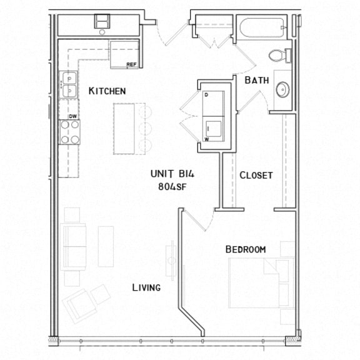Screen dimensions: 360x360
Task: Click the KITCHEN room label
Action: [x=107, y=91]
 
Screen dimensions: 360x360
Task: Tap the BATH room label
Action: [x=256, y=80]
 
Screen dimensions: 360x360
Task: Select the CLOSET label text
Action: [x=256, y=176]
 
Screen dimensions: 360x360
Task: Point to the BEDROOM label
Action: [x=246, y=249]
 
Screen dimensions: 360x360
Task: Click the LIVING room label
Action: [x=146, y=288]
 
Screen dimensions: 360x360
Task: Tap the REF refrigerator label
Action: [x=131, y=64]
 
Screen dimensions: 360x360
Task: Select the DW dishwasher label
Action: [x=73, y=116]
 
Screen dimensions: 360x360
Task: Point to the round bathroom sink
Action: [x=283, y=90]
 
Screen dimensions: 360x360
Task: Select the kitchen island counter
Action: [x=129, y=129]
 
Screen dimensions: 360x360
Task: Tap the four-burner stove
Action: [x=70, y=132]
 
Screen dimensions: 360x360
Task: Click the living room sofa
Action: [x=74, y=246]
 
